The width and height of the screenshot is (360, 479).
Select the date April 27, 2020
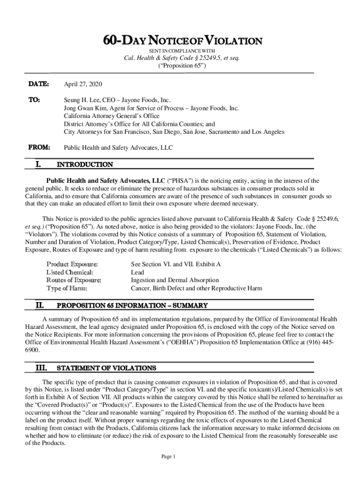pos(83,84)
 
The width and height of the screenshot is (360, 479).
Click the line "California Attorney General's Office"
pos(111,116)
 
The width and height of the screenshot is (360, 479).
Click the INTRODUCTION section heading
pos(85,165)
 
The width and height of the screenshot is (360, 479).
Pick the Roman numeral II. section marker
pos(40,306)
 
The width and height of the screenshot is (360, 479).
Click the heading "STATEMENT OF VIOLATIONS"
pos(106,368)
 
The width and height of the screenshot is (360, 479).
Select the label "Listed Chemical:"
pos(70,272)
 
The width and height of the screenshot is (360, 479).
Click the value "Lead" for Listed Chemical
pos(137,272)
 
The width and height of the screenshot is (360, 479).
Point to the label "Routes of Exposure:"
pos(74,280)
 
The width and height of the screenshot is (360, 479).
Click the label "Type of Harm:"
pos(67,288)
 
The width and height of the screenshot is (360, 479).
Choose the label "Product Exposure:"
pos(72,264)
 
